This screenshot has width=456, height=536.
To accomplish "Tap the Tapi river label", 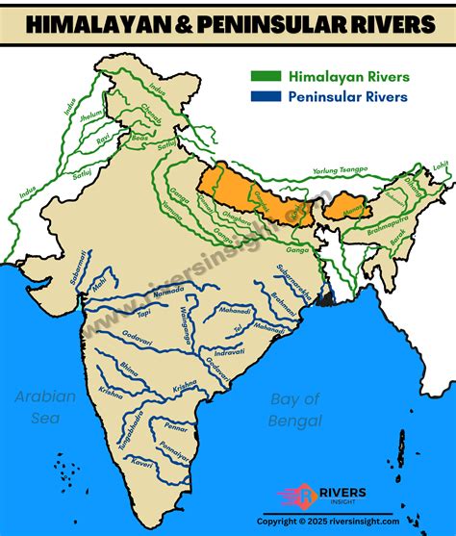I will tap(142, 314).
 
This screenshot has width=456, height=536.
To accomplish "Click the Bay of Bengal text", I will tap(294, 408).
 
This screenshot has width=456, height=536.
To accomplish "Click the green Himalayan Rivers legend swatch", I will tap(263, 75).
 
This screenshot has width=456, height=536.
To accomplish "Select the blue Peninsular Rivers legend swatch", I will tap(263, 96).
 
